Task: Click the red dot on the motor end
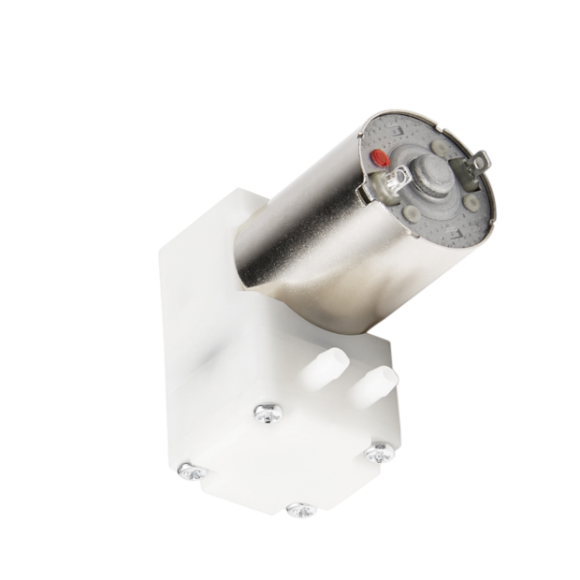(x=378, y=157)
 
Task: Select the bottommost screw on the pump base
(x=300, y=510)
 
